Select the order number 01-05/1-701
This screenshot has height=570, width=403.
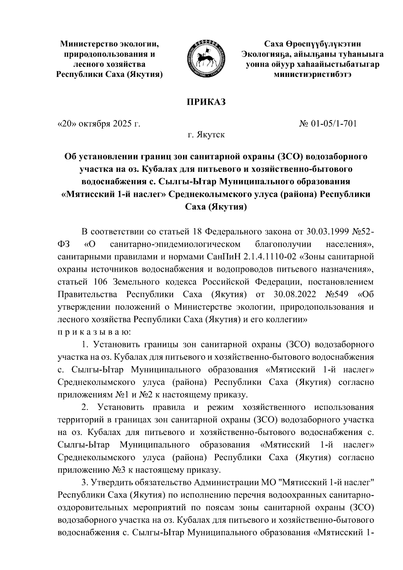[332, 124]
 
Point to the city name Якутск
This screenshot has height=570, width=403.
[211, 135]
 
